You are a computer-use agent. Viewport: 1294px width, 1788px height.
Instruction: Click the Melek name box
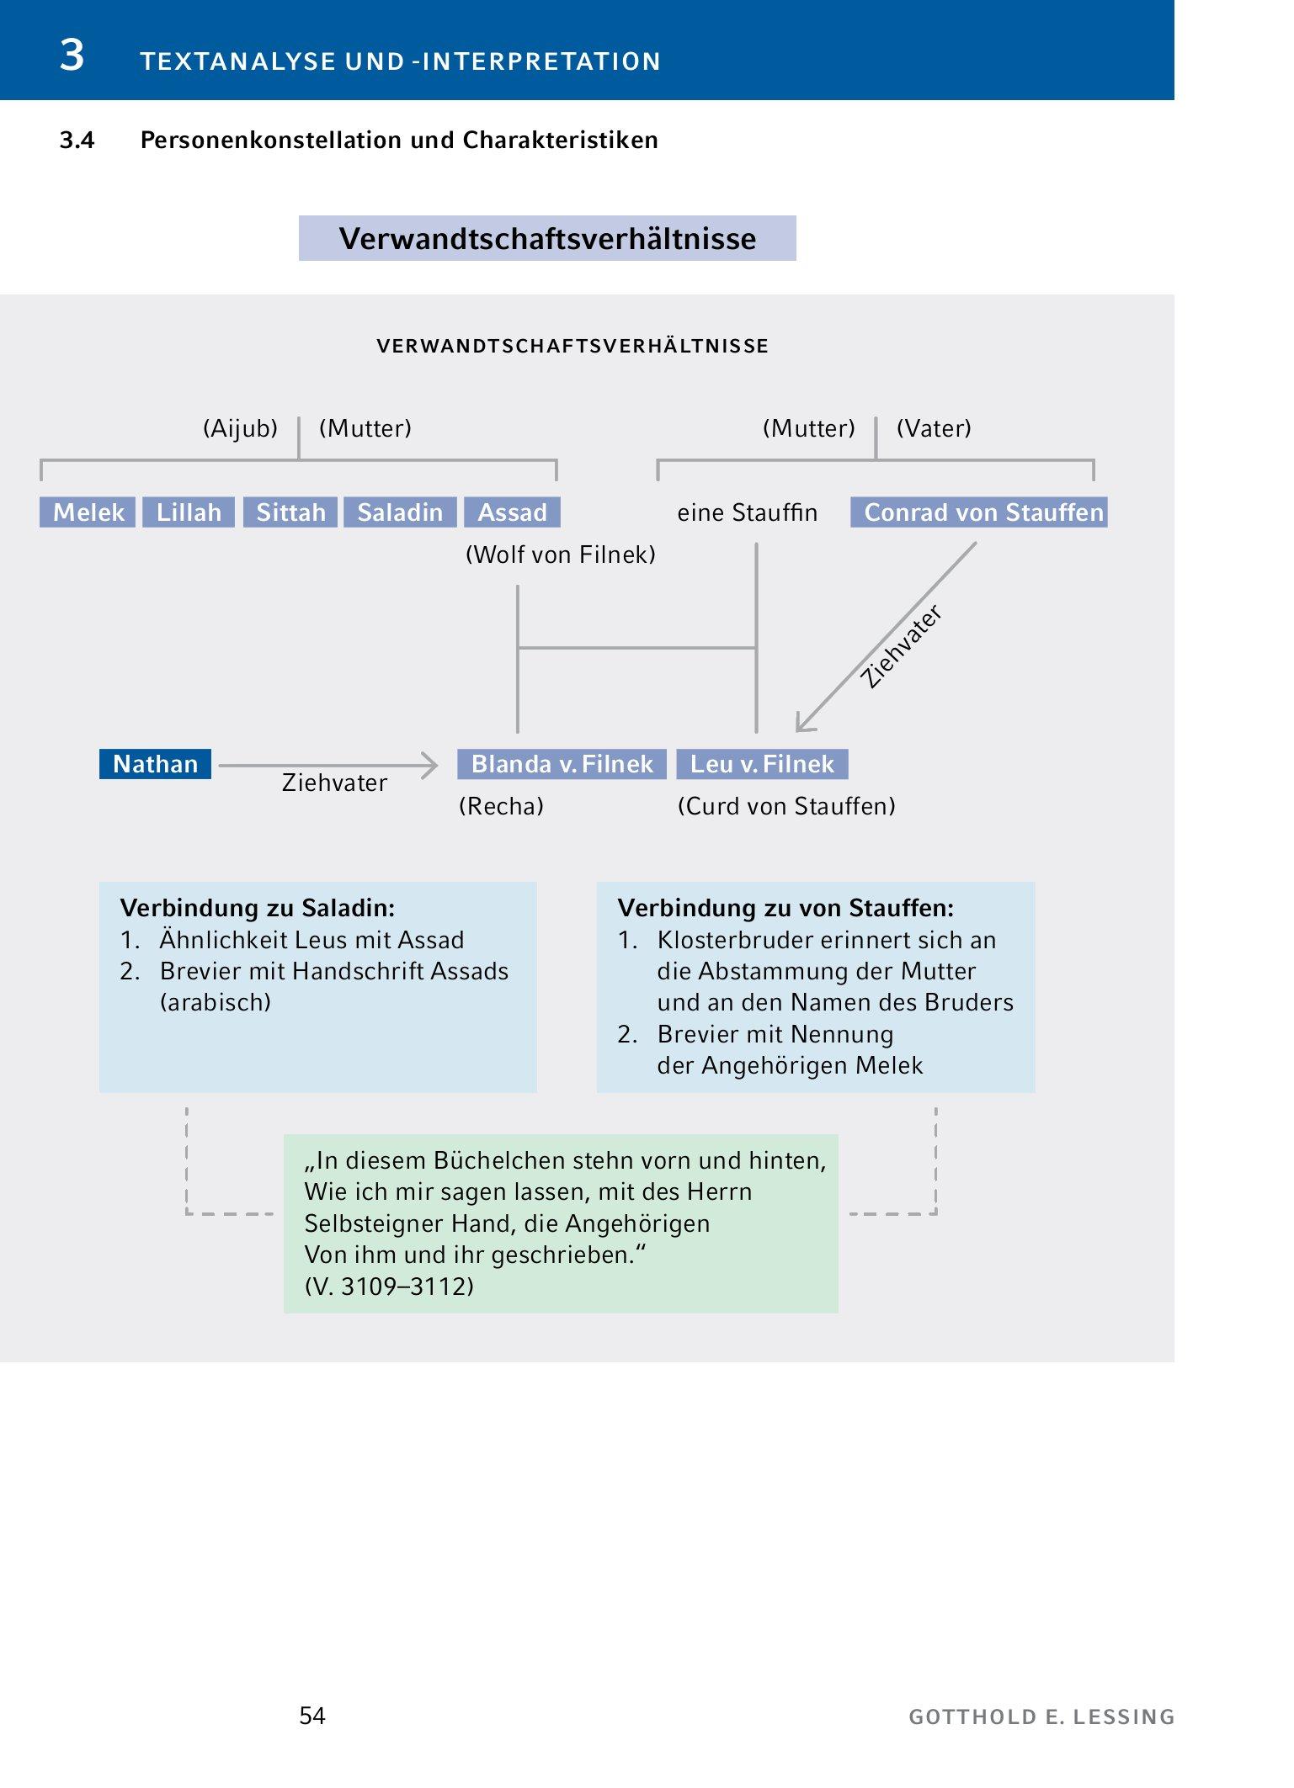[x=88, y=512]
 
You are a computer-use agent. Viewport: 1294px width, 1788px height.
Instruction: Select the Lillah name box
[x=188, y=512]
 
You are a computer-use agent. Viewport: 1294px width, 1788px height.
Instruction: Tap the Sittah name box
[x=290, y=512]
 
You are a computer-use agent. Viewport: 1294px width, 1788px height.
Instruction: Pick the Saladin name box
[x=400, y=512]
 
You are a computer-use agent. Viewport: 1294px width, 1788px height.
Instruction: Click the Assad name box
[x=512, y=512]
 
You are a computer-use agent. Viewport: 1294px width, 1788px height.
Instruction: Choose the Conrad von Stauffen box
[x=978, y=512]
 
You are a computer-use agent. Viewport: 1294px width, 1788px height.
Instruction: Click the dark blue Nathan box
[x=155, y=764]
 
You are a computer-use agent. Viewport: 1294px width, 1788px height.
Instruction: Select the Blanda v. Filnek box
[x=562, y=764]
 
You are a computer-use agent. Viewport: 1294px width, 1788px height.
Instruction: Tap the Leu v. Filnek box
[x=762, y=764]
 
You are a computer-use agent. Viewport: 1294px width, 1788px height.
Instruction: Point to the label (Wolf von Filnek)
[x=560, y=554]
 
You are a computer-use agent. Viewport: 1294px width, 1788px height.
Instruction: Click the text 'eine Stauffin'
[x=747, y=512]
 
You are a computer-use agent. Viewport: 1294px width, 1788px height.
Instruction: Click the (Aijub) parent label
[x=240, y=428]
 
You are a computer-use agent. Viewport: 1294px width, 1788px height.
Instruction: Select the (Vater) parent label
[x=934, y=428]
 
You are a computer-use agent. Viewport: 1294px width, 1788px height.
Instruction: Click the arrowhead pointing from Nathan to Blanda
[x=430, y=765]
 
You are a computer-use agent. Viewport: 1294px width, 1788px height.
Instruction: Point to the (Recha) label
[x=501, y=806]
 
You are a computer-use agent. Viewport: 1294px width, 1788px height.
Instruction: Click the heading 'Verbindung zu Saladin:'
[x=258, y=908]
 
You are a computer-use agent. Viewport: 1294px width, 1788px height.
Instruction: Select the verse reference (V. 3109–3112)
[x=389, y=1286]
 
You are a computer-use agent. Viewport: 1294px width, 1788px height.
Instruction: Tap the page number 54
[x=312, y=1716]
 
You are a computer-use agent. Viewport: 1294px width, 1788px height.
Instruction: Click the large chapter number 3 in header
[x=72, y=56]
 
